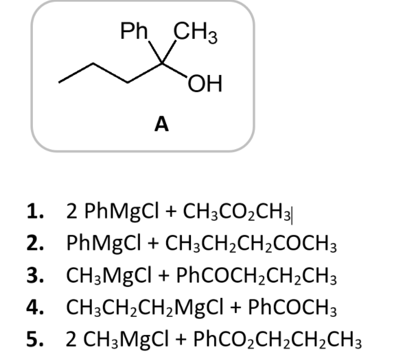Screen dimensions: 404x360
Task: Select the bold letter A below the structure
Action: tap(161, 124)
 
